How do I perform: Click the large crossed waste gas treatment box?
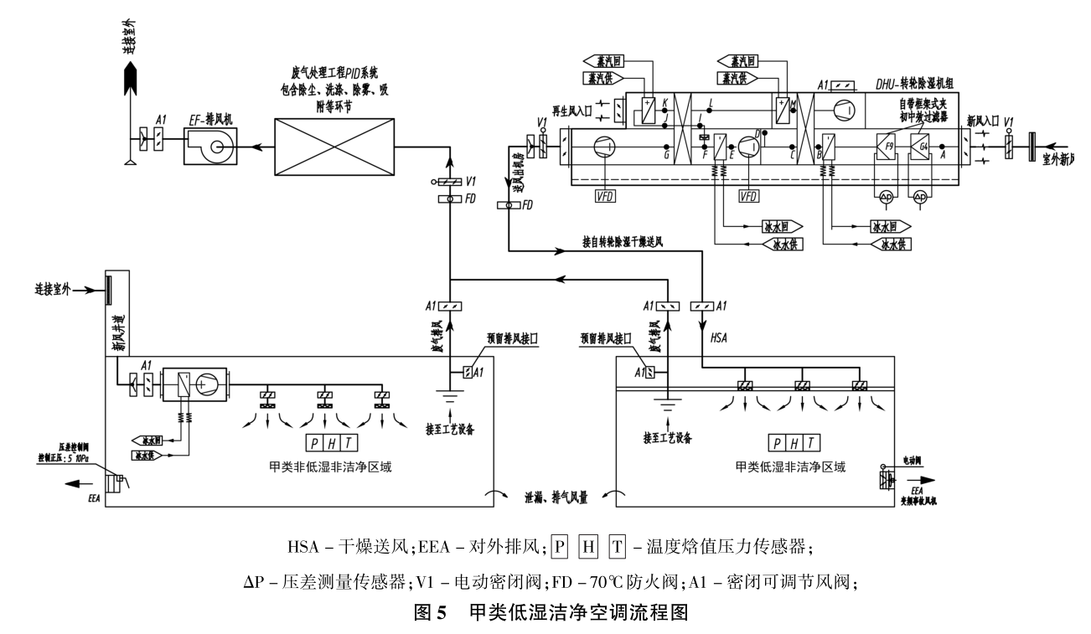coord(335,147)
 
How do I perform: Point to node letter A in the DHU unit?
coord(944,155)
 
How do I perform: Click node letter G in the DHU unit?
coord(664,155)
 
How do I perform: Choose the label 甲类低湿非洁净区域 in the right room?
coord(789,466)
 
